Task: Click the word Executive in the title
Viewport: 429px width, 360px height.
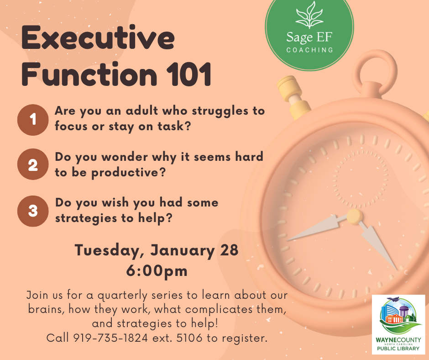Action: [x=98, y=39]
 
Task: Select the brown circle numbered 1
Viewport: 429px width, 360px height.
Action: [x=33, y=120]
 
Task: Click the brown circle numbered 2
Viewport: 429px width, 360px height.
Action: [x=33, y=164]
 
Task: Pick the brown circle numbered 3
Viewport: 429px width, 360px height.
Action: [x=33, y=211]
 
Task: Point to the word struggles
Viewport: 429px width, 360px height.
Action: [x=215, y=111]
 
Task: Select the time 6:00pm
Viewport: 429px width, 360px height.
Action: [x=157, y=270]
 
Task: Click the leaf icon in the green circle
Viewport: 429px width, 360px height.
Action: [x=309, y=16]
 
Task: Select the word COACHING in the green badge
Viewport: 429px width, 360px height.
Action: [x=309, y=49]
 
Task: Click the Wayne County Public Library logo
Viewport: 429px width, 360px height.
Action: [x=398, y=323]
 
